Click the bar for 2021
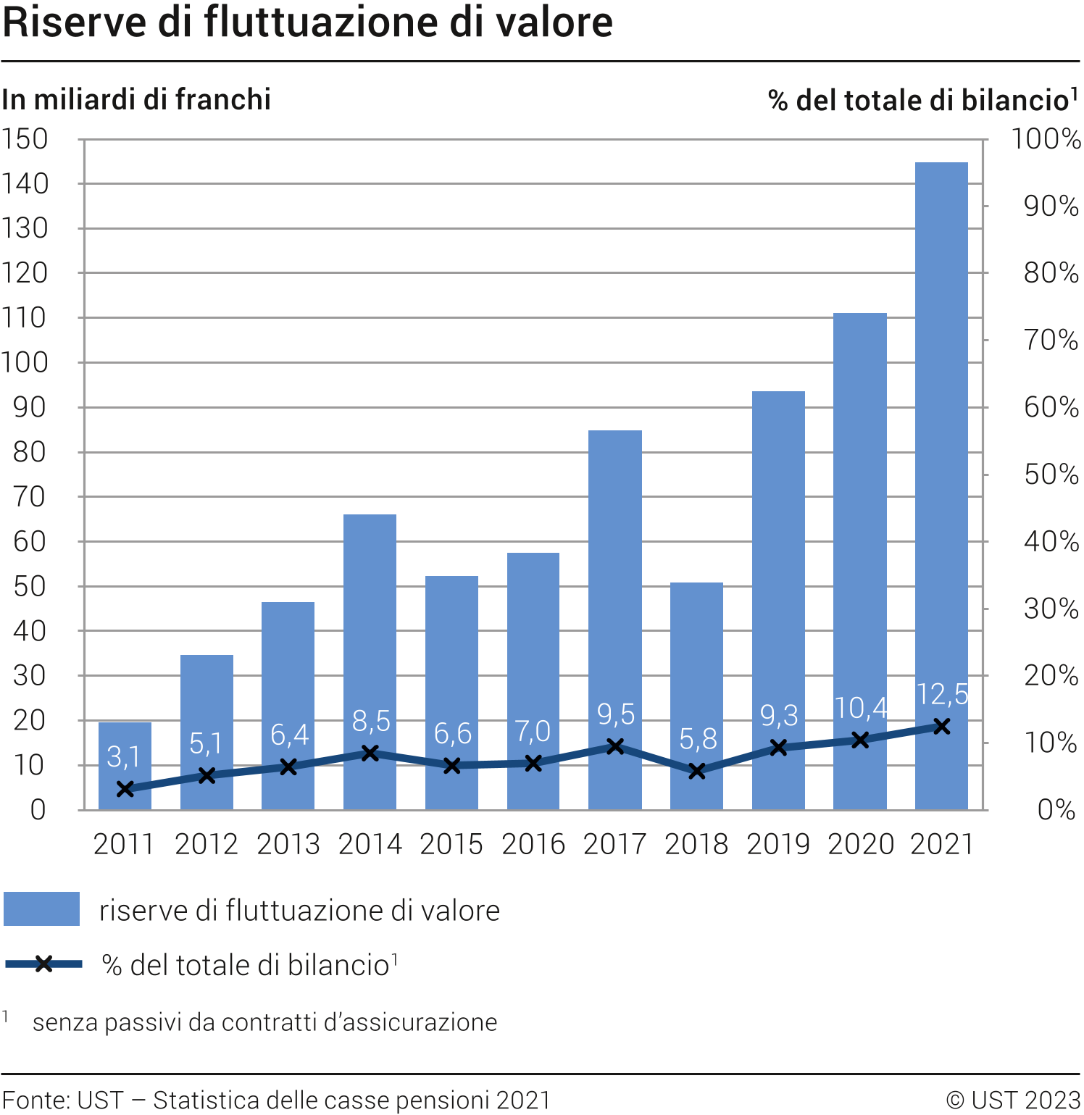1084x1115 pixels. tap(941, 435)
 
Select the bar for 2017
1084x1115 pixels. tap(614, 580)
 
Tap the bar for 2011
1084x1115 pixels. tap(125, 746)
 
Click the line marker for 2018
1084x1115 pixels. tap(697, 771)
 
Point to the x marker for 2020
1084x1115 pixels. tap(860, 740)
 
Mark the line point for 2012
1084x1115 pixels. tap(207, 775)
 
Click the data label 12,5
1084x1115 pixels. tap(941, 694)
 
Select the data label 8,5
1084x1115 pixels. tap(371, 721)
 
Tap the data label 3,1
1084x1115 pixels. tap(123, 756)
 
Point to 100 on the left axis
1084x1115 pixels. tap(25, 362)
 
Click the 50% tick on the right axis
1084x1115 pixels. tap(1051, 475)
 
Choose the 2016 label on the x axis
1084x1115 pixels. tap(533, 844)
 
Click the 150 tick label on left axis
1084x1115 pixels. tap(25, 139)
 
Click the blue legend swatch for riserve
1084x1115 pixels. tap(41, 909)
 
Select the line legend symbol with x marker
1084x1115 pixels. tap(43, 964)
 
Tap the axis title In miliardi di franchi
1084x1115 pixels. tap(136, 100)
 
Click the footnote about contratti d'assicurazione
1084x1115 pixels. tap(264, 1022)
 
